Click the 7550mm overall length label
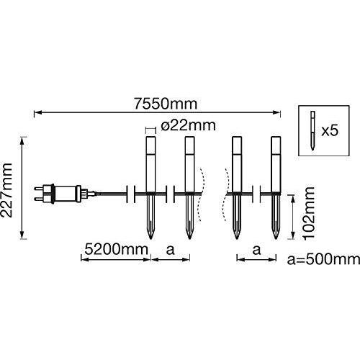(x=166, y=104)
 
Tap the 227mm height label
(x=6, y=190)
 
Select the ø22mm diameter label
(x=189, y=125)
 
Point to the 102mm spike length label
(x=308, y=213)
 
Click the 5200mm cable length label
(x=117, y=250)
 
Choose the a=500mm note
(x=323, y=259)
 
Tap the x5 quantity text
(x=330, y=131)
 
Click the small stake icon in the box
(x=312, y=130)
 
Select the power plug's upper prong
(x=39, y=188)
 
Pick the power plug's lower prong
(x=39, y=199)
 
